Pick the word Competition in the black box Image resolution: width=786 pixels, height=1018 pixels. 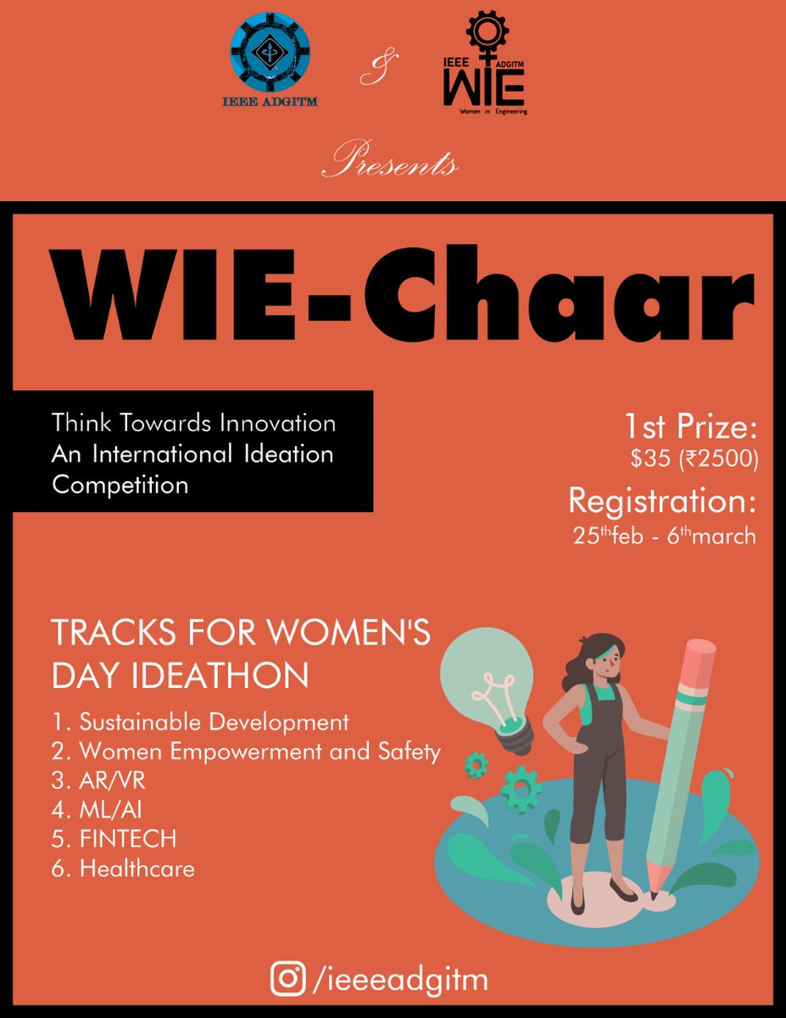point(120,485)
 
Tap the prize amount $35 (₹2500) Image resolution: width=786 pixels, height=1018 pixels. point(694,459)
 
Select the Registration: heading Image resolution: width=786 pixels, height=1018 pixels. point(661,501)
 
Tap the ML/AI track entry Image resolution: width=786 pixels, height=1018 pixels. point(104,810)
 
